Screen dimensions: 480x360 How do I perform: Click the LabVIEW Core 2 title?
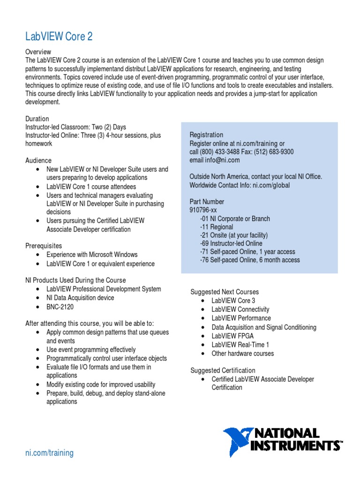point(59,37)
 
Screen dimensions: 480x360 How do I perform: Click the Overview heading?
point(38,52)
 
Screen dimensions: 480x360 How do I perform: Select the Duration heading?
point(37,119)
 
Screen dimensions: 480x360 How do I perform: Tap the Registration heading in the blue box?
point(206,135)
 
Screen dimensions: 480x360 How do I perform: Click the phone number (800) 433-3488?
point(217,152)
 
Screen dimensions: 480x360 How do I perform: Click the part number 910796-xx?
point(203,210)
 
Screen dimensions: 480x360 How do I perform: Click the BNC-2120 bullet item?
point(60,307)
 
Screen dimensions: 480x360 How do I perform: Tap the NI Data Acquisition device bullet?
point(80,298)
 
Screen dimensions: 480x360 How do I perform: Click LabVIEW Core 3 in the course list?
point(233,300)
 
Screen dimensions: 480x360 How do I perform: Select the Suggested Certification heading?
point(223,370)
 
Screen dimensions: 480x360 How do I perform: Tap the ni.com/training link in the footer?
point(49,453)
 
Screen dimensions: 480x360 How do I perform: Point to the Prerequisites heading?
point(43,246)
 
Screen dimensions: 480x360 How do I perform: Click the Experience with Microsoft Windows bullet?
point(92,255)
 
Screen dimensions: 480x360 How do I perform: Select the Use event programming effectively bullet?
point(91,350)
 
